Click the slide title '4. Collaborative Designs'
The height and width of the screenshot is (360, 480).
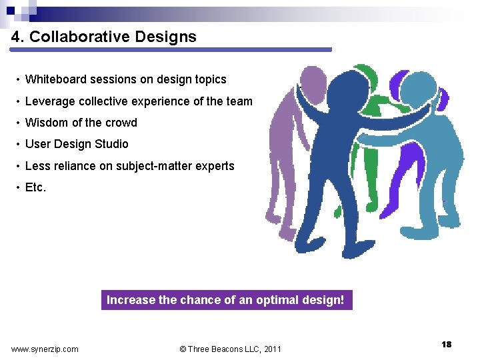pos(104,37)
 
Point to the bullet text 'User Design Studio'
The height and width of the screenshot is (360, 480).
pos(77,144)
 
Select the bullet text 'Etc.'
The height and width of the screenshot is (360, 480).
pos(35,187)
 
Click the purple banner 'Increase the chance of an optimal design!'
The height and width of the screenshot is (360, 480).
pos(226,300)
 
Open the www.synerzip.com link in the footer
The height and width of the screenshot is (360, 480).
pos(45,349)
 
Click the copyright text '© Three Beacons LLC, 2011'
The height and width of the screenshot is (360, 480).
pos(231,349)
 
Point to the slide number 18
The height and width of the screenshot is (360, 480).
pos(446,344)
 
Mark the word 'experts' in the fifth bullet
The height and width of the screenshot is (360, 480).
pos(215,166)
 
